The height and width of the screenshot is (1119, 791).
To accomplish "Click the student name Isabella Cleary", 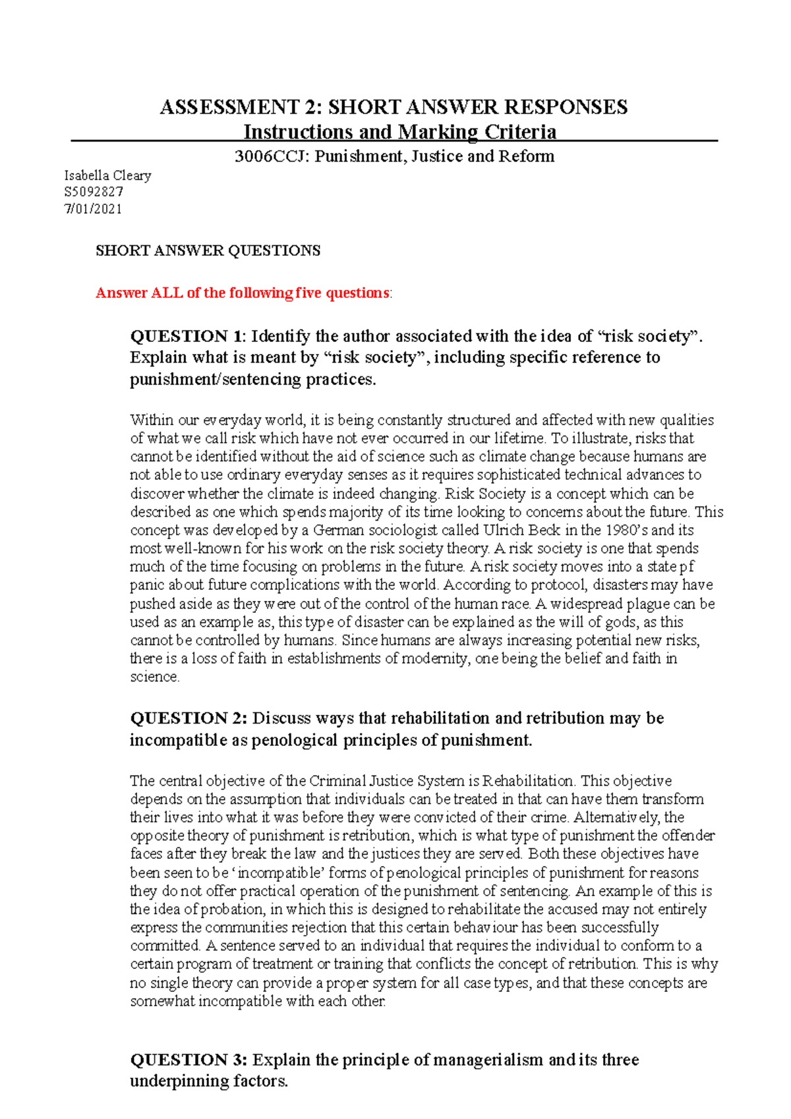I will pyautogui.click(x=107, y=175).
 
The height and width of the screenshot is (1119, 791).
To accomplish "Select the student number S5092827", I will pyautogui.click(x=94, y=192).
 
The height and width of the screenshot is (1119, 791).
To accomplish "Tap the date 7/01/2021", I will pyautogui.click(x=93, y=209).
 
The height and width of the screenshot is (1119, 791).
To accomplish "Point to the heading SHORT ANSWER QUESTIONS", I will pyautogui.click(x=208, y=250).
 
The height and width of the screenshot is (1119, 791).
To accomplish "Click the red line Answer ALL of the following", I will pyautogui.click(x=243, y=293).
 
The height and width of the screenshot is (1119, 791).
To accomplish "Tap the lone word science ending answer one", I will pyautogui.click(x=154, y=677).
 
